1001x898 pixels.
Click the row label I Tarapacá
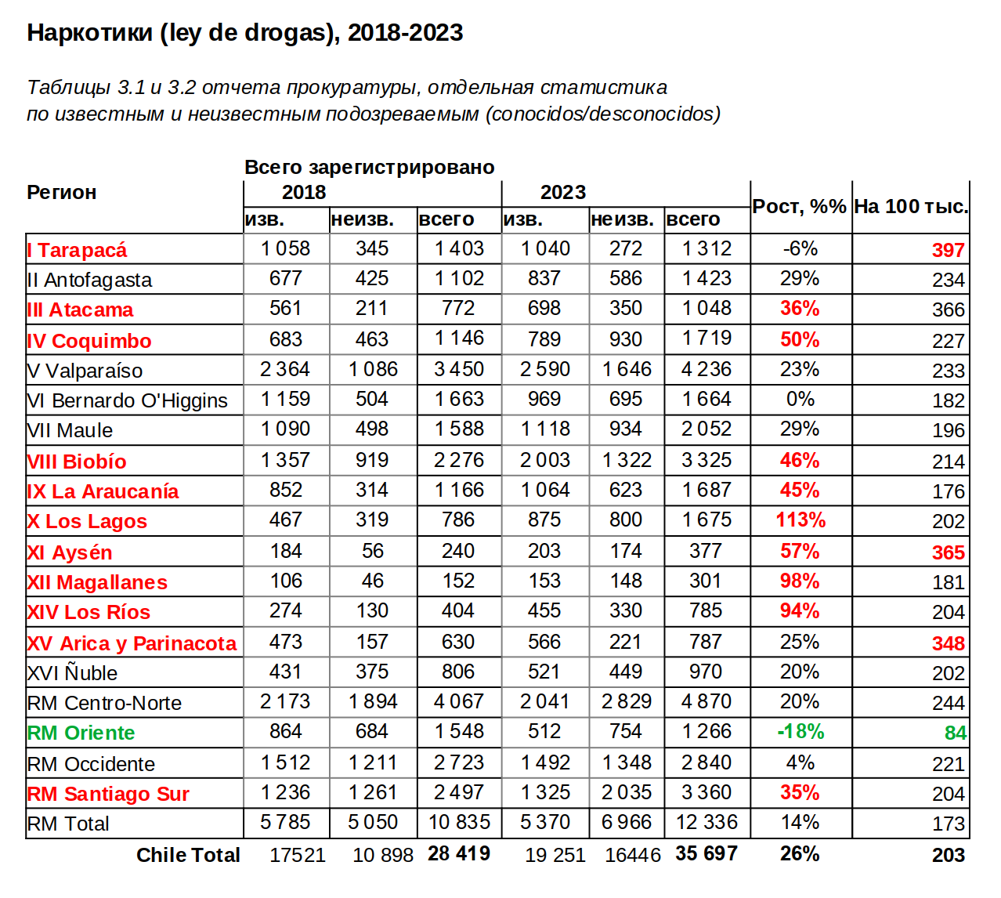coord(77,250)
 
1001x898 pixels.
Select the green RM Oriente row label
coord(81,733)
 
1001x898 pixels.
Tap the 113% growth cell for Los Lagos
coord(800,520)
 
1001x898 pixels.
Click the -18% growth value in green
coord(800,732)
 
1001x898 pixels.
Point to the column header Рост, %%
coord(799,207)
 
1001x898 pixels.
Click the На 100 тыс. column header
coord(911,207)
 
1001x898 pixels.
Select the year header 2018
coord(304,192)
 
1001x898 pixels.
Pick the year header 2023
coord(562,192)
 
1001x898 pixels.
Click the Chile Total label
coord(188,855)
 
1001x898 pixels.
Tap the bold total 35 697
coord(706,854)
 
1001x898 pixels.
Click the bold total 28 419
coord(459,854)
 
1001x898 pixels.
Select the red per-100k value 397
coord(948,250)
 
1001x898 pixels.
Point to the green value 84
coord(955,733)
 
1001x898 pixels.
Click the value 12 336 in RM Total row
coord(706,823)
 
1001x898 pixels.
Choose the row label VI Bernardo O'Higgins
coord(127,400)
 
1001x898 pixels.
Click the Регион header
coord(62,192)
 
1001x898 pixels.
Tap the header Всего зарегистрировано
coord(370,167)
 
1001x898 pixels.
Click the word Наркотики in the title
coord(89,33)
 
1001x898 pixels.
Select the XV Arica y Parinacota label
coord(132,643)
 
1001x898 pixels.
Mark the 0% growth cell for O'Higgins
coord(800,400)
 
